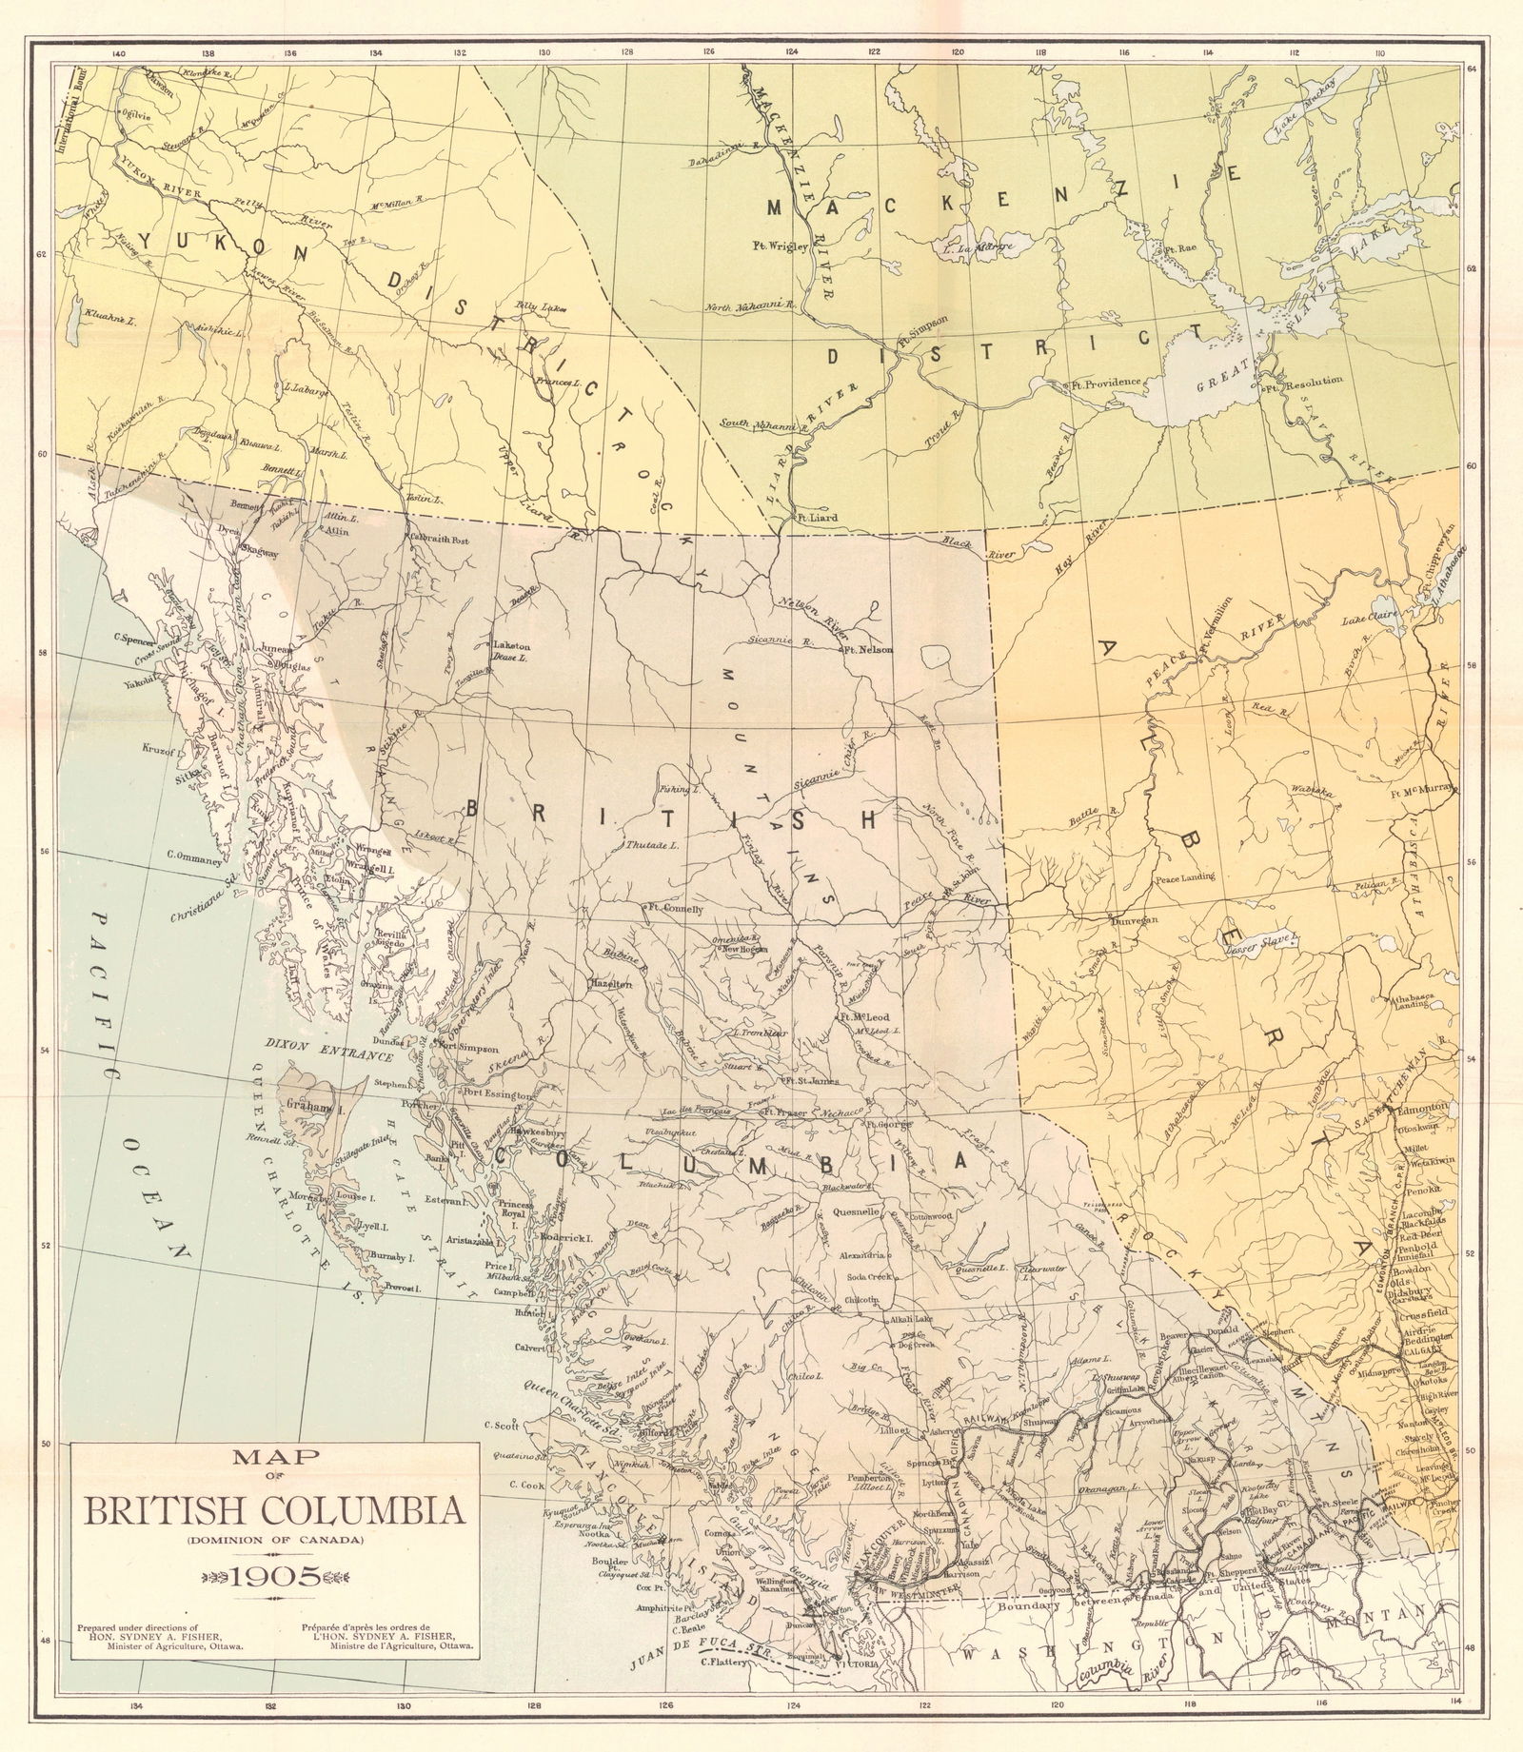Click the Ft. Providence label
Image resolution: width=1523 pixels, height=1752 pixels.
[x=1104, y=382]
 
